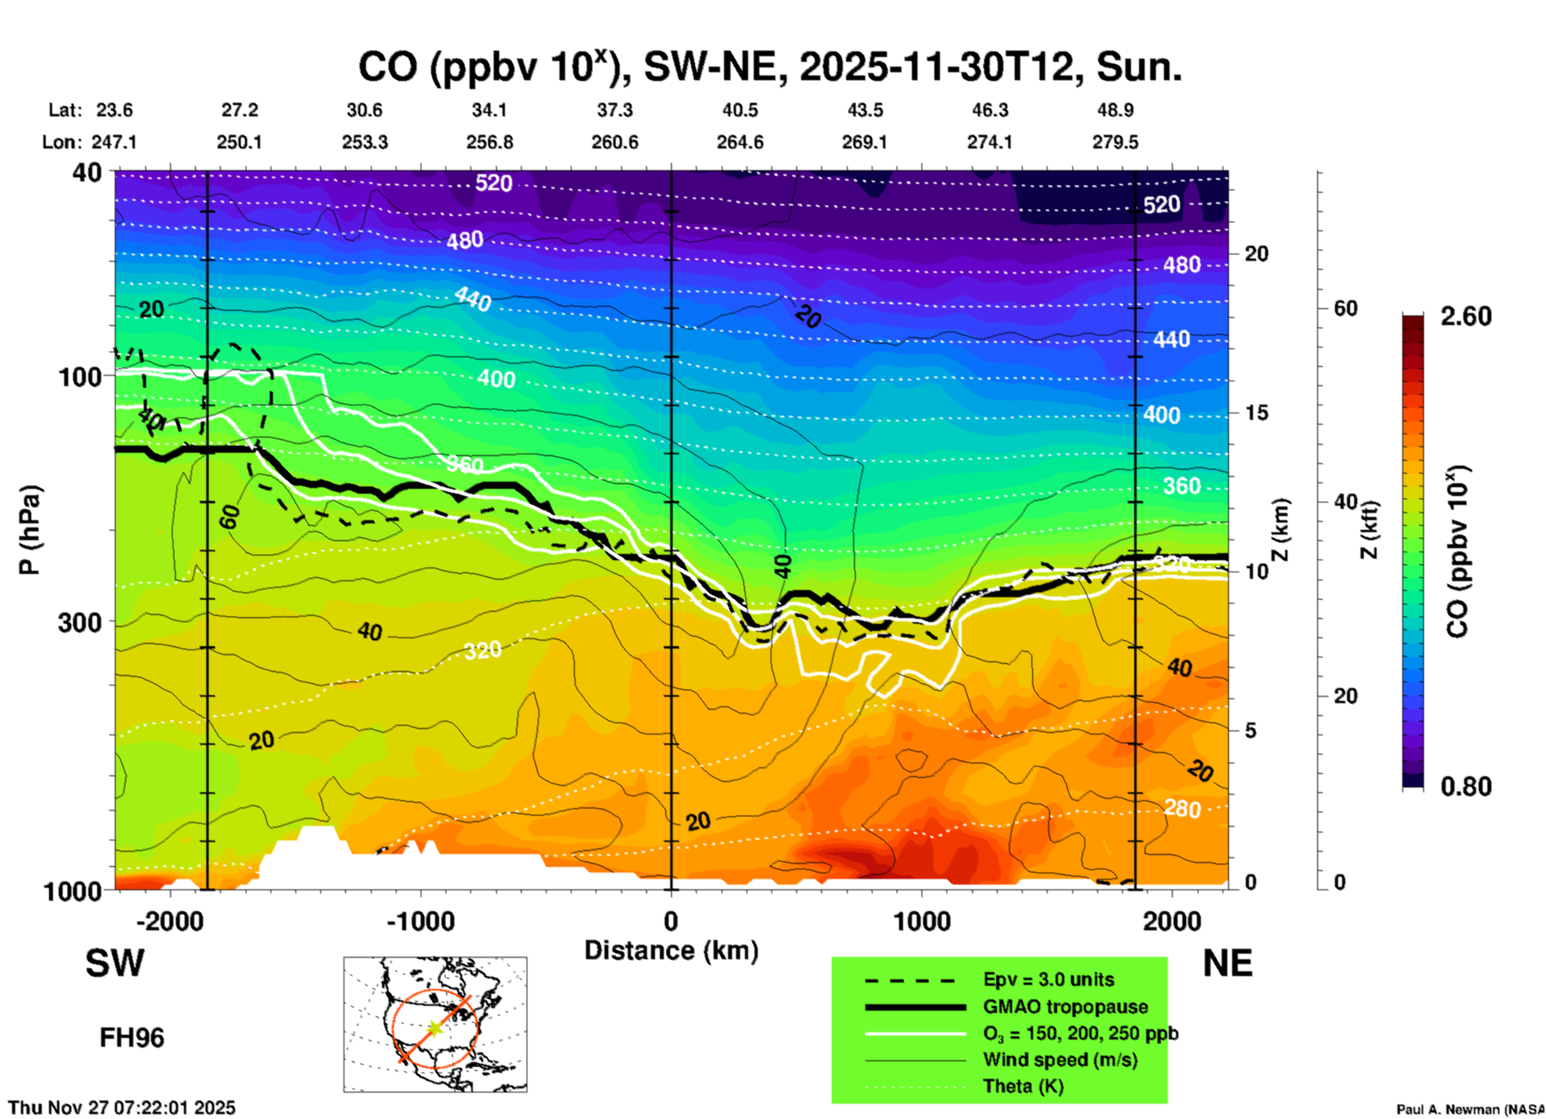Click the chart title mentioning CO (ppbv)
pos(769,67)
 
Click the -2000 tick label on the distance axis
pos(169,921)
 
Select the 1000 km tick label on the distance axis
pos(921,921)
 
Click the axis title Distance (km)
pos(671,950)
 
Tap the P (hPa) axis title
pos(29,530)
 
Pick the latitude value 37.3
pos(615,110)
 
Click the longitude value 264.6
pos(740,142)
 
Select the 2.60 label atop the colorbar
pos(1466,316)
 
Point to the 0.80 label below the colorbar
pos(1466,786)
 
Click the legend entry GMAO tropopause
pos(1065,1007)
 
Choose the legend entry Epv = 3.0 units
pos(1048,979)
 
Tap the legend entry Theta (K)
pos(1023,1086)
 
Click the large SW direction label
pos(115,963)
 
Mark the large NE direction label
pos(1227,963)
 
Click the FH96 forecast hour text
pos(132,1038)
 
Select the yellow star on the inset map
pos(434,1028)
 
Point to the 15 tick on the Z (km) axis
pos(1255,413)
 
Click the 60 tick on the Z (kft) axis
pos(1345,308)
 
